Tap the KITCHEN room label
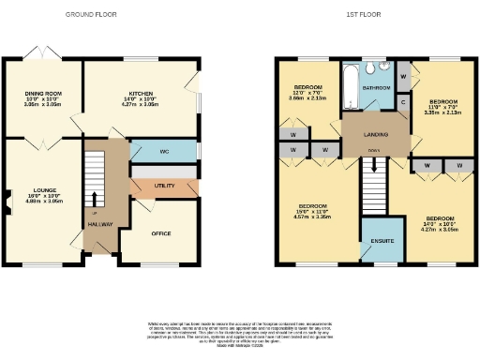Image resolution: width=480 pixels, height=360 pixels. coord(140,94)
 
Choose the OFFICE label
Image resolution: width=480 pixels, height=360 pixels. coord(160,232)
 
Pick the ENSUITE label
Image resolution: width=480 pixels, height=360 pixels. coord(382,241)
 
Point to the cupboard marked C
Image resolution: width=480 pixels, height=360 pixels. coord(402,102)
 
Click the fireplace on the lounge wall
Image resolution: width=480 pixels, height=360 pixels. coord(5,199)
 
